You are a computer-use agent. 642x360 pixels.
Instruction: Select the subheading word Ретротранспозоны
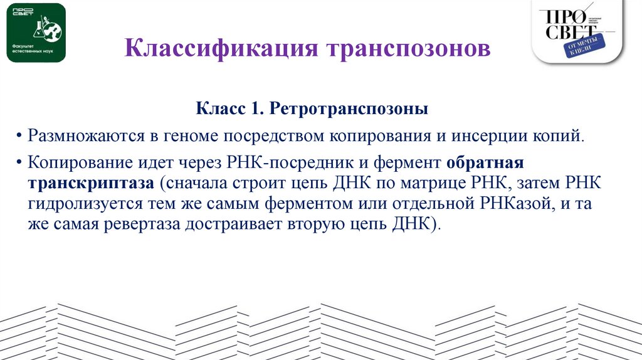(x=349, y=110)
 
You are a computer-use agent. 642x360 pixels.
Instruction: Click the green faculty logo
(x=36, y=33)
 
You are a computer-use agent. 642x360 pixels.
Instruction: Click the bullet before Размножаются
(x=21, y=137)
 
